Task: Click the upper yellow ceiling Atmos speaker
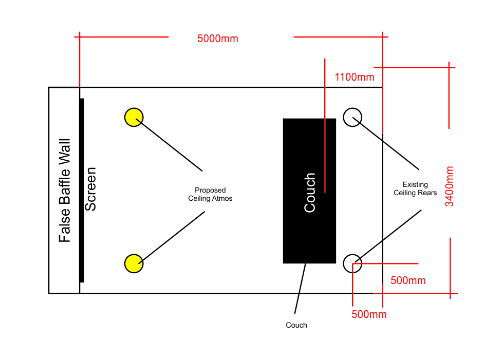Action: (x=134, y=117)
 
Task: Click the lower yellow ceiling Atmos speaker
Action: (x=134, y=263)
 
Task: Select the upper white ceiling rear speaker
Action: (x=352, y=117)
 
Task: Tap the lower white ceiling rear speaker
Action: (x=352, y=263)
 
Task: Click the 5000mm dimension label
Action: (x=218, y=39)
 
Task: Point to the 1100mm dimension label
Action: (x=355, y=78)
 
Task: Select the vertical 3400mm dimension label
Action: (x=450, y=186)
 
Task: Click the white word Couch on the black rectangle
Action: (x=310, y=193)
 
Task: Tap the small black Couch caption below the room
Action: (x=296, y=325)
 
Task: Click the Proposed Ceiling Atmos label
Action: (x=210, y=194)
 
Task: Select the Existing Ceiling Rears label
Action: (x=415, y=188)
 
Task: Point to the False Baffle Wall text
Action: (x=64, y=191)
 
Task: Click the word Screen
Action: (x=90, y=189)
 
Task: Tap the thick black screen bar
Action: (x=82, y=190)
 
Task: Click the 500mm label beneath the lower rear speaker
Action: (x=369, y=314)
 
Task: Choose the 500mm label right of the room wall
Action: (x=408, y=281)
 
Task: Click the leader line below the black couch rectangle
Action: (x=300, y=289)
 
